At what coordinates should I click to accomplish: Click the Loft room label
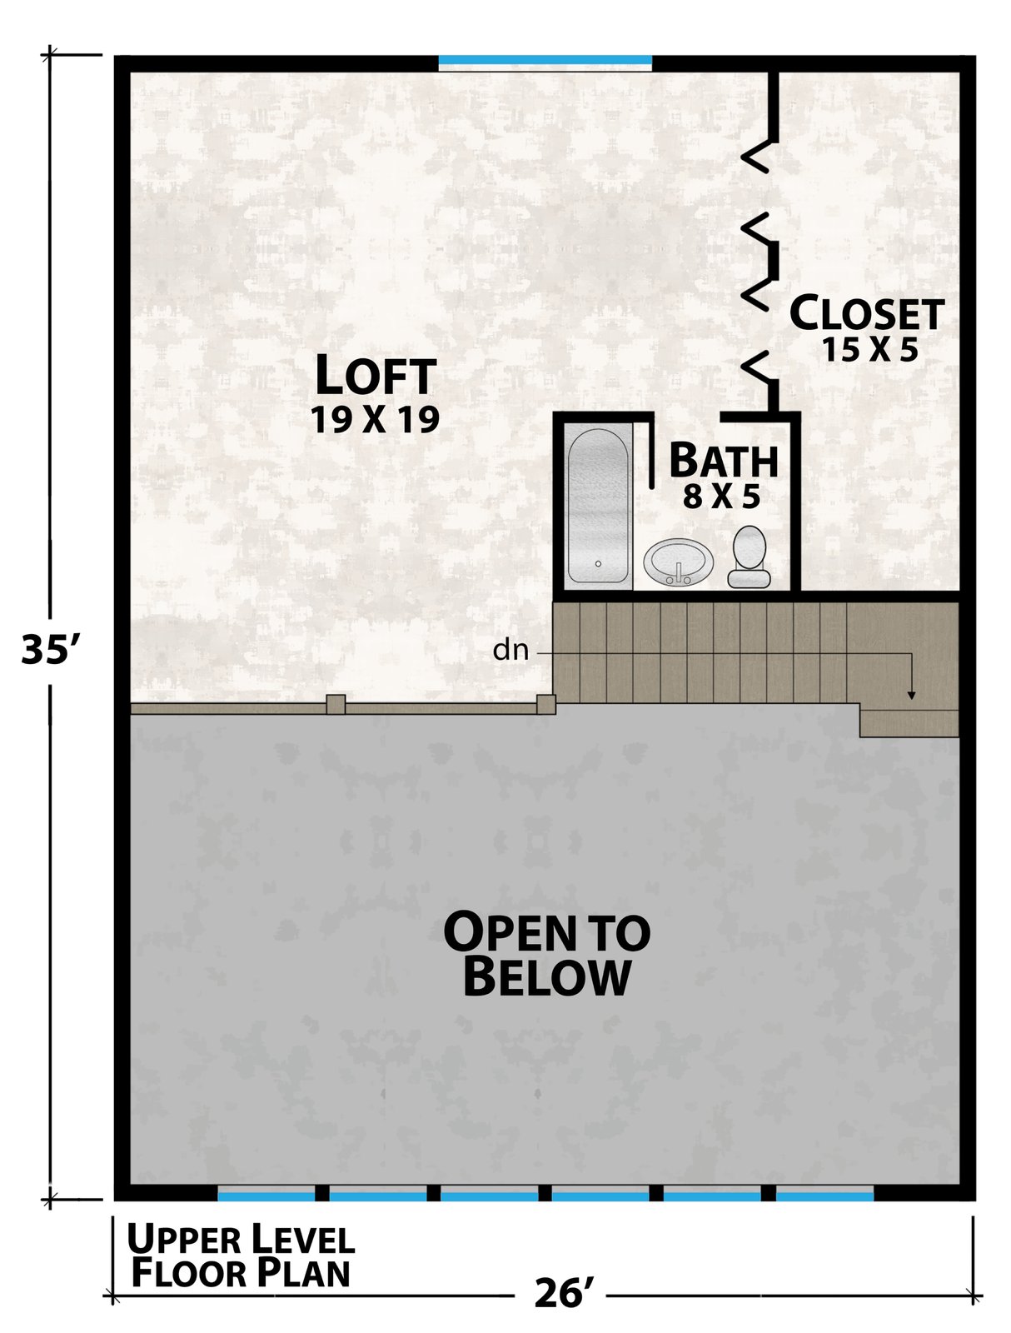click(376, 375)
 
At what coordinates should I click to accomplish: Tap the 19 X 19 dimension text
click(375, 419)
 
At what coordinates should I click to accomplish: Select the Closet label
click(867, 313)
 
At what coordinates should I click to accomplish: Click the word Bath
click(724, 460)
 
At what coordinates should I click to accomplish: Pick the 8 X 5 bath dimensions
click(721, 497)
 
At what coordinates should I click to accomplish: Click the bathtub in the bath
click(598, 506)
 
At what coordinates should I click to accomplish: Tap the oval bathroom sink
click(679, 562)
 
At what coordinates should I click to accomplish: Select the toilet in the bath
click(750, 557)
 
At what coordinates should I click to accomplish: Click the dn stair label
click(510, 651)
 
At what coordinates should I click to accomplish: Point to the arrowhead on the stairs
click(910, 696)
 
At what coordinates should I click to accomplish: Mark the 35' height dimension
click(47, 648)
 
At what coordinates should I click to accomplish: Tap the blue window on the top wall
click(545, 59)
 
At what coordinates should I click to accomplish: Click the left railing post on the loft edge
click(336, 704)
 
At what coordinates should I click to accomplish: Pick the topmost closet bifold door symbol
click(759, 156)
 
